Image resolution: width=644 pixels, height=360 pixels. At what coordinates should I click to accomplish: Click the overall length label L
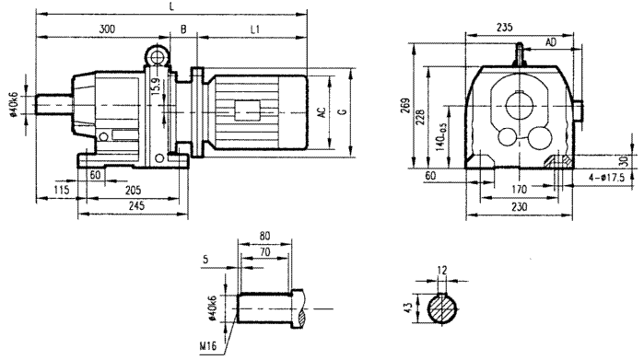171,6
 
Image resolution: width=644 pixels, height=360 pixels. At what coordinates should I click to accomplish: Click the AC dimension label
322,112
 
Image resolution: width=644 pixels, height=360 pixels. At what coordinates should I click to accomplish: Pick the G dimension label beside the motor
343,112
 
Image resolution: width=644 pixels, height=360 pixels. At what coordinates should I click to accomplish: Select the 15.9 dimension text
155,89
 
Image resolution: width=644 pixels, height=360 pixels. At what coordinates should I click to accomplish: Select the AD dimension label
550,42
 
